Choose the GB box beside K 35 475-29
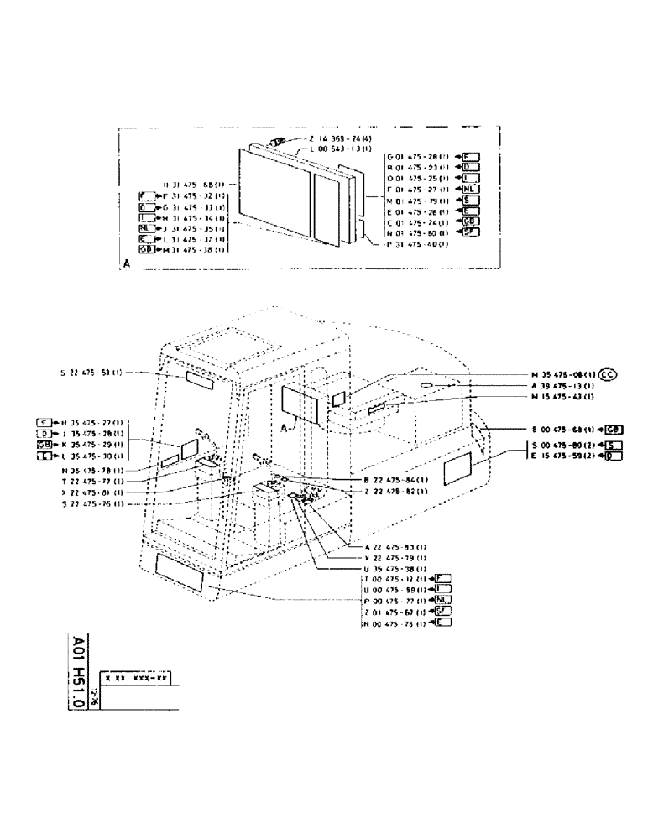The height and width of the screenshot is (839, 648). tap(44, 443)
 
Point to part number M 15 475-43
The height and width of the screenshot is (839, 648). tap(562, 396)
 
